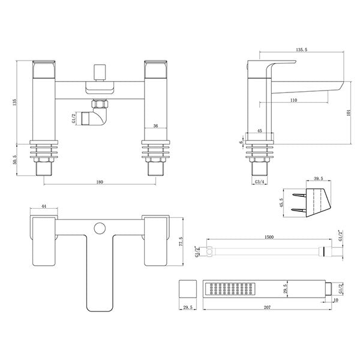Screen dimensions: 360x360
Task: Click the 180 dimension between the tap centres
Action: pyautogui.click(x=100, y=182)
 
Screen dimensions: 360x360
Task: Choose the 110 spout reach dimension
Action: pyautogui.click(x=293, y=100)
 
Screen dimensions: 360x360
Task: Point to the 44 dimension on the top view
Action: pyautogui.click(x=43, y=206)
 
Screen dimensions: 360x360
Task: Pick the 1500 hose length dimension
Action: pyautogui.click(x=268, y=238)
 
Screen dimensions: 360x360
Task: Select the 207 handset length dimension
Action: pyautogui.click(x=268, y=308)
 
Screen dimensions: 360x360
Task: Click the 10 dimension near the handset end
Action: pyautogui.click(x=337, y=300)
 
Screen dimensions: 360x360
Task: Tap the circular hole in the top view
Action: pyautogui.click(x=100, y=227)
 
